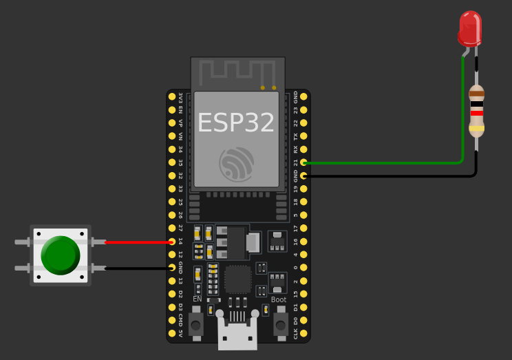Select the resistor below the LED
476,111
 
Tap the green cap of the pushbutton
61,255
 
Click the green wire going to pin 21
385,163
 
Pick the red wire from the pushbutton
138,242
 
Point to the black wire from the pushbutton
138,268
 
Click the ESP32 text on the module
236,123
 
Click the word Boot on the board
279,299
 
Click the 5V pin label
181,333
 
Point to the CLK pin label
296,333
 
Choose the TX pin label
296,136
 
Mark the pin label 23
296,109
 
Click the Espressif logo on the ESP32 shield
237,164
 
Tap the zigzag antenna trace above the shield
237,70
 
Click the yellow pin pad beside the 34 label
172,149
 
